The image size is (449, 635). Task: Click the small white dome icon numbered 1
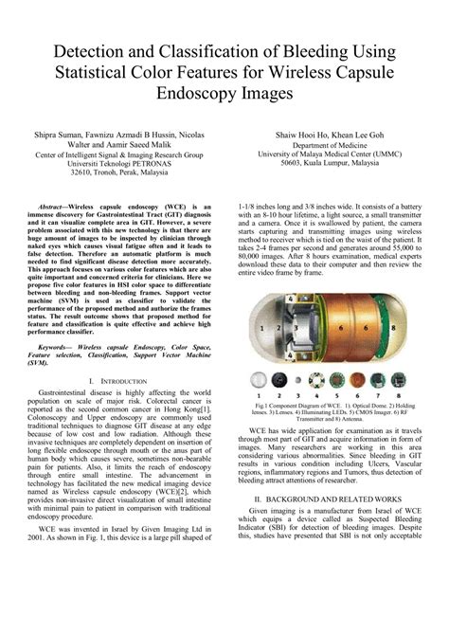[x=256, y=380]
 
